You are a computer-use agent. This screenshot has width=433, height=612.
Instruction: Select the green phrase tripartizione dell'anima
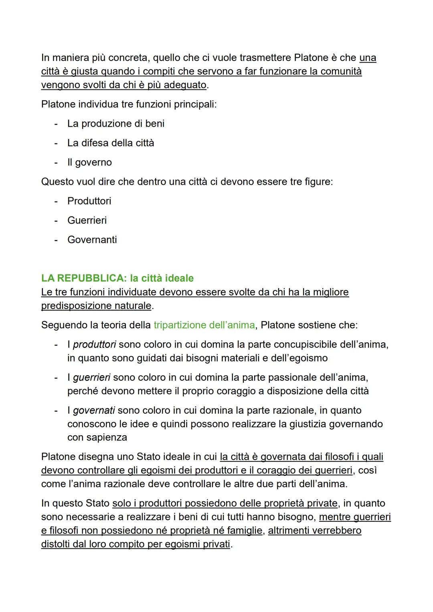(204, 325)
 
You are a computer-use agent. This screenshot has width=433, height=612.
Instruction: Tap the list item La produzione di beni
(116, 123)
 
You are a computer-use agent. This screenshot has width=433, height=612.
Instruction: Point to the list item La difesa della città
(111, 143)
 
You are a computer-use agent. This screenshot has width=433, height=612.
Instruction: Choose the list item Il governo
(89, 162)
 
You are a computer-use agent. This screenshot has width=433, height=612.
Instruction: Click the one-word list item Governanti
(92, 240)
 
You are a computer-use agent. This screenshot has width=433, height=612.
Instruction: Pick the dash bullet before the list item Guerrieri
(57, 220)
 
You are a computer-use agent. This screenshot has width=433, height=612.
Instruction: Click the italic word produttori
(95, 344)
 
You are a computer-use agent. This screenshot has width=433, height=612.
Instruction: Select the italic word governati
(94, 410)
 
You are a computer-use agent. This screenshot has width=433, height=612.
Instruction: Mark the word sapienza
(107, 437)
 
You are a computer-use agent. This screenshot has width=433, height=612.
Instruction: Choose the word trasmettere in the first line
(261, 58)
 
